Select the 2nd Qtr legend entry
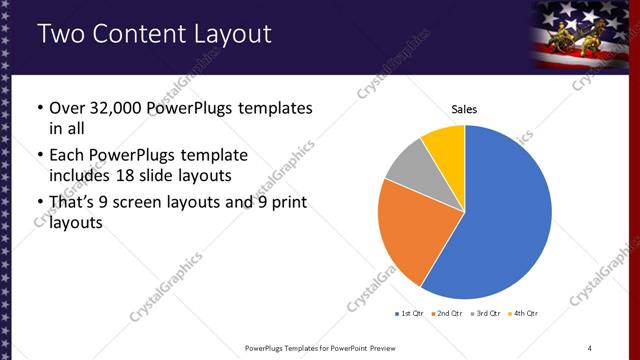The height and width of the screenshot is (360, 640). [448, 314]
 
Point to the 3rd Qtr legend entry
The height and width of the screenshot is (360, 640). [487, 314]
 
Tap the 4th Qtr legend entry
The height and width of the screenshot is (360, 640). [525, 314]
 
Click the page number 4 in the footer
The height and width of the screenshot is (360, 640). [590, 347]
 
